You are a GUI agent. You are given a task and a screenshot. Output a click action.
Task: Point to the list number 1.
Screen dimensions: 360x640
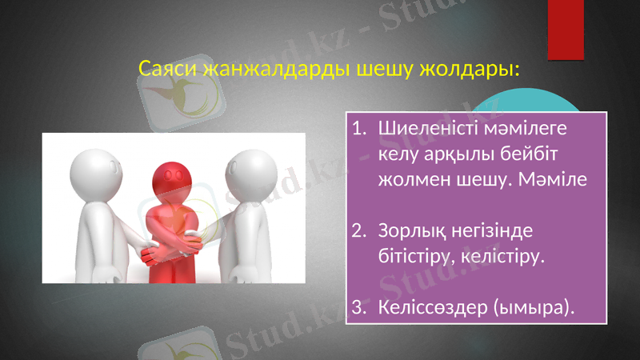pyautogui.click(x=358, y=127)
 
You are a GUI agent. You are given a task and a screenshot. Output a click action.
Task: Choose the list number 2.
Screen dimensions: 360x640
pyautogui.click(x=358, y=231)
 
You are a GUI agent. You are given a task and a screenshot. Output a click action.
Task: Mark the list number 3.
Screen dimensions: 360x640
pyautogui.click(x=358, y=307)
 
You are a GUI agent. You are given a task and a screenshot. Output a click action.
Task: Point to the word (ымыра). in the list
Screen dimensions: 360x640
pyautogui.click(x=534, y=307)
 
